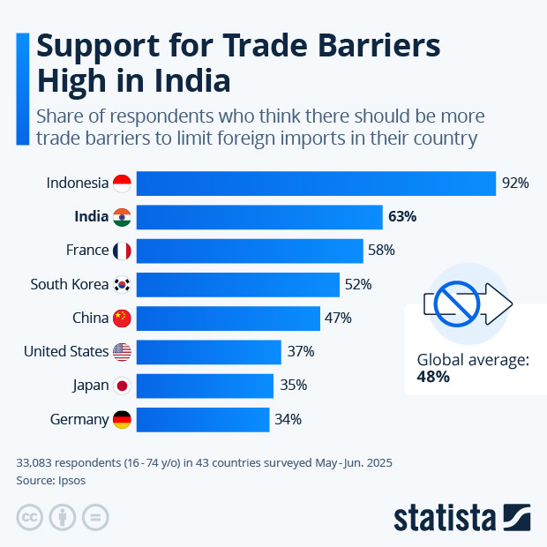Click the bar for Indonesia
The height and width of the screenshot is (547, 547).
[x=316, y=184]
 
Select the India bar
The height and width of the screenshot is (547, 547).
[x=259, y=217]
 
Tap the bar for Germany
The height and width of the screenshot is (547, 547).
[x=202, y=419]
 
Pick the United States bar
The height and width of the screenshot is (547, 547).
[x=208, y=352]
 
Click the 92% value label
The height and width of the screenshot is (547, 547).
[x=515, y=184]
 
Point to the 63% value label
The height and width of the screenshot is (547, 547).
[x=402, y=217]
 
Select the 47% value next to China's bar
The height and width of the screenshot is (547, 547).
[x=339, y=318]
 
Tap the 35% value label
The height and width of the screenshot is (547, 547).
[x=293, y=386]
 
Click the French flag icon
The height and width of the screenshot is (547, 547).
[x=122, y=251]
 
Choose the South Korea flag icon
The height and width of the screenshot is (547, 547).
[x=122, y=284]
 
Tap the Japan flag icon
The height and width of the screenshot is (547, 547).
[x=122, y=386]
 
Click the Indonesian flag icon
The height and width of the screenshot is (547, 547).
[x=122, y=184]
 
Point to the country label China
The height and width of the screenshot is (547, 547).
[x=90, y=318]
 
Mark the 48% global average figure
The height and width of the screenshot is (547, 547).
[x=433, y=377]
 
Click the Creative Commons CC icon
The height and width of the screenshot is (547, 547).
[x=30, y=517]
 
